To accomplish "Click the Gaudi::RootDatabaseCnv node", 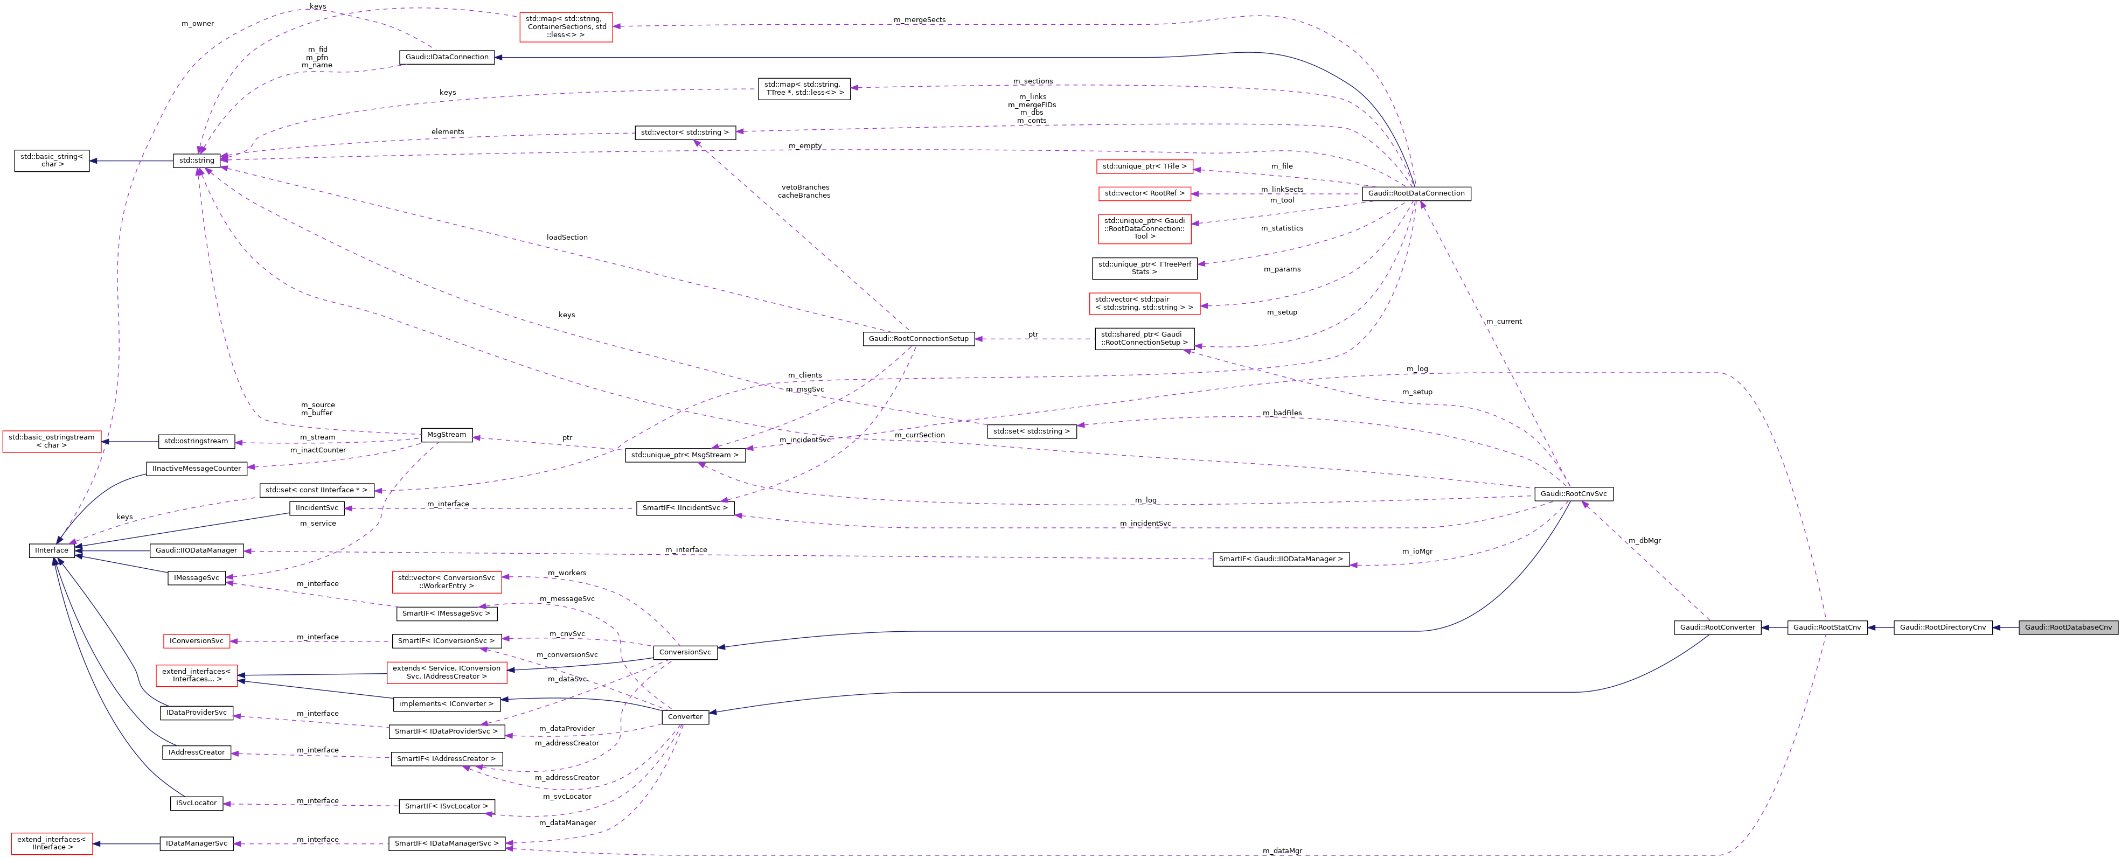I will pos(2068,627).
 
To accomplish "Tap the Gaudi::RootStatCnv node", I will pos(1826,627).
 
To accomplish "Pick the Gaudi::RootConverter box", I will pos(1717,627).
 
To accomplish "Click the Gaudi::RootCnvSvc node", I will pos(1573,494).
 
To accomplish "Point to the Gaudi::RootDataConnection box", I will pos(1416,193).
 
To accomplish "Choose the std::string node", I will pos(197,161).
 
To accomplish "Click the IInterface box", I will pos(51,550).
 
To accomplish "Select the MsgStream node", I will pos(446,435).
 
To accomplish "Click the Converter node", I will pos(685,717).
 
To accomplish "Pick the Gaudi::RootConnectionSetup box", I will pos(918,338).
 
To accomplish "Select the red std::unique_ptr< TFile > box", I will pos(1144,166).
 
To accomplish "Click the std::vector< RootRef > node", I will pos(1144,193).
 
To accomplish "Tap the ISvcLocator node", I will pos(196,803).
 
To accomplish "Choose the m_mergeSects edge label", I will pos(919,20).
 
